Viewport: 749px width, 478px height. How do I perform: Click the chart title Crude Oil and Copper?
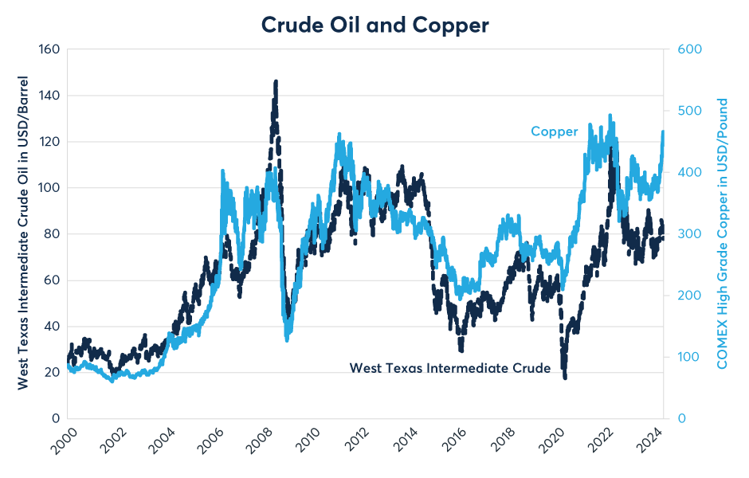[x=374, y=25]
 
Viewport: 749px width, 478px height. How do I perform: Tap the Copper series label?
[x=555, y=131]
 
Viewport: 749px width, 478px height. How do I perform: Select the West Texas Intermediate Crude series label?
[x=450, y=368]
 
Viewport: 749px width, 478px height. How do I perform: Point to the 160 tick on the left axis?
[x=49, y=49]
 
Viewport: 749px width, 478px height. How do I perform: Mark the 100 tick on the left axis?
[x=49, y=188]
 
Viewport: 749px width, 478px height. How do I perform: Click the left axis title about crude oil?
[x=23, y=233]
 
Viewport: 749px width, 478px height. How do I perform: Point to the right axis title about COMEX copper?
[x=723, y=233]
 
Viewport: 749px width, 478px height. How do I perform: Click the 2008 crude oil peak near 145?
[x=276, y=82]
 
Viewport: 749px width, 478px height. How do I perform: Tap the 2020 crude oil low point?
[x=565, y=376]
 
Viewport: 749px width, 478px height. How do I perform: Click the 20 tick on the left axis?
[x=53, y=372]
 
